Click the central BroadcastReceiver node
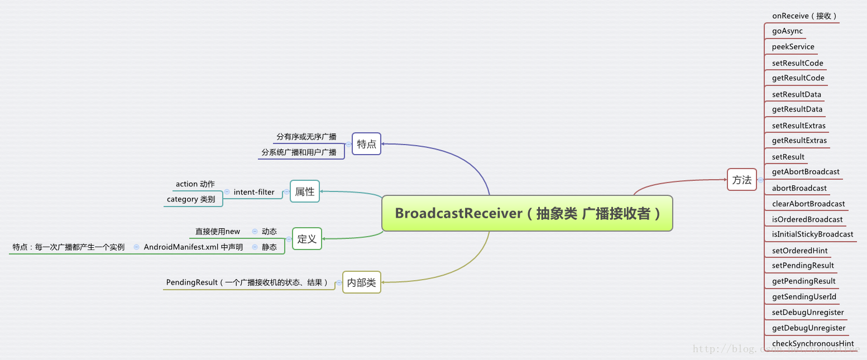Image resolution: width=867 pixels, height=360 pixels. point(527,213)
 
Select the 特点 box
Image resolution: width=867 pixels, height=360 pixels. point(366,144)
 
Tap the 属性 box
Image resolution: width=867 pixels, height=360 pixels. point(305,191)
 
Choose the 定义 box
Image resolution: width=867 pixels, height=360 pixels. point(307,239)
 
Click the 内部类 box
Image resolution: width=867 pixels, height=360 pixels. point(361,282)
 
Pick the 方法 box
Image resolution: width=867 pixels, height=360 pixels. point(742,180)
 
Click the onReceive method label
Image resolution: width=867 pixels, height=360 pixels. point(804,16)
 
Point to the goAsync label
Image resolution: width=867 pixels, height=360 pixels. point(787,31)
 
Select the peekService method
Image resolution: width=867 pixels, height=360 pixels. point(793,47)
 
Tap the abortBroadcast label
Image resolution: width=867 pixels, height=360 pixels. point(799,188)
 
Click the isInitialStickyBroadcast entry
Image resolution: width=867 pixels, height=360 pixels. point(812,234)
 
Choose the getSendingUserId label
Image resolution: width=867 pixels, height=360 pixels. point(804,297)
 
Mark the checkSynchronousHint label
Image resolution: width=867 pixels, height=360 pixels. point(813,344)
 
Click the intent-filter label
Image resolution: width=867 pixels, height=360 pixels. point(254,192)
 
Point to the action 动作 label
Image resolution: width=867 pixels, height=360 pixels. point(195,184)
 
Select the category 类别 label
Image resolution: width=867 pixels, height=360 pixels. point(190,199)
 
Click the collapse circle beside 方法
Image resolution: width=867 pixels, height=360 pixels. point(760,180)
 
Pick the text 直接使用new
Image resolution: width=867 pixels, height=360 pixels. point(217,231)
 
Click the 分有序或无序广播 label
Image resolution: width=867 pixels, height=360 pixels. point(306,137)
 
